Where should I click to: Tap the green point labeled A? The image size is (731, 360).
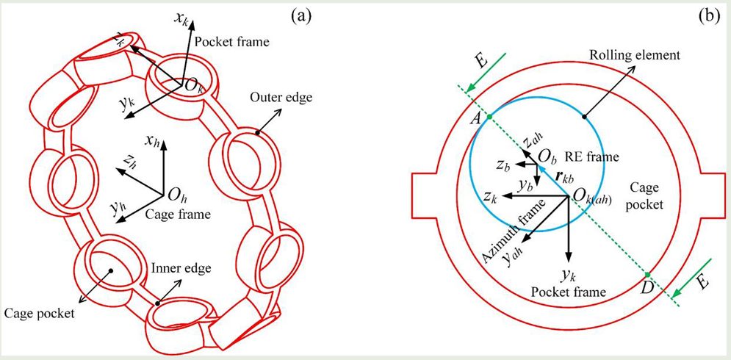(489, 118)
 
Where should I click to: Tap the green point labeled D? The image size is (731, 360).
(647, 275)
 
